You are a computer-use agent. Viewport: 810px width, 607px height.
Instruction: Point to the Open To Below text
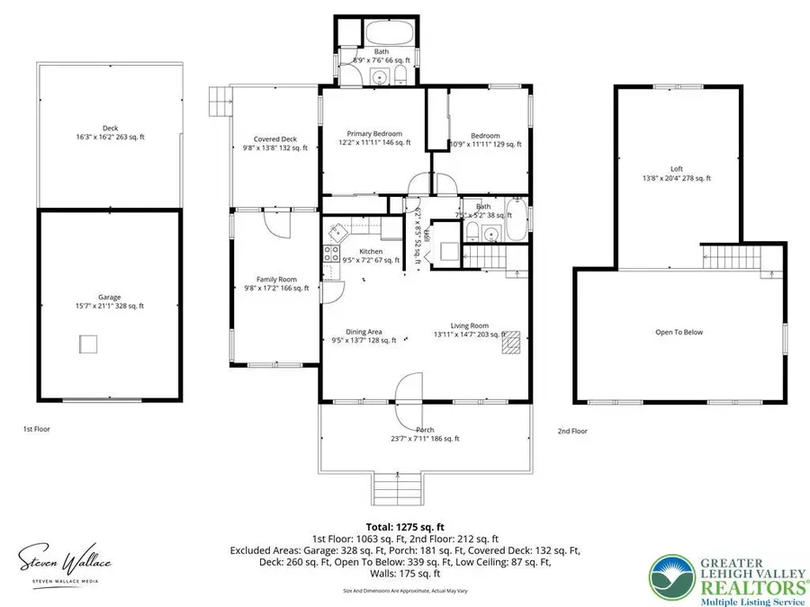pyautogui.click(x=679, y=332)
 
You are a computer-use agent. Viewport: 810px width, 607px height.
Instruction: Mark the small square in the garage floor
pyautogui.click(x=88, y=344)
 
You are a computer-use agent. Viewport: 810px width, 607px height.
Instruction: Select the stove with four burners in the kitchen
pyautogui.click(x=333, y=254)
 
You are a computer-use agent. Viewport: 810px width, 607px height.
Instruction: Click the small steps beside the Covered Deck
pyautogui.click(x=218, y=102)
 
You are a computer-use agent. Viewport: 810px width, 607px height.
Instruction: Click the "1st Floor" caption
pyautogui.click(x=36, y=429)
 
